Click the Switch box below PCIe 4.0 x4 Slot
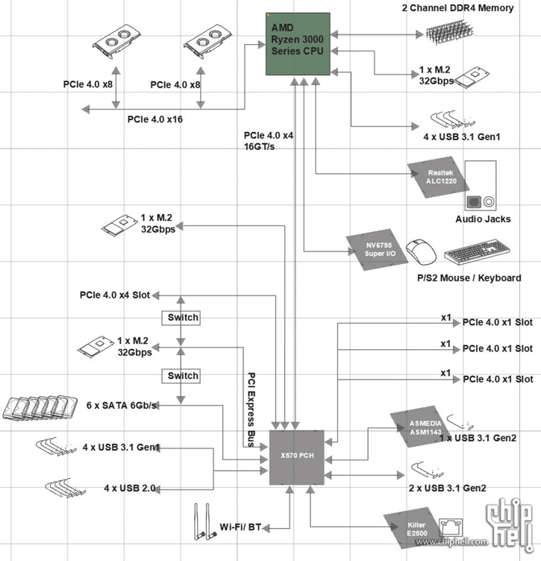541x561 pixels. click(183, 317)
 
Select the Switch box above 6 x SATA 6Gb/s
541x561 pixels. click(183, 376)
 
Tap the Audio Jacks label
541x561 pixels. click(483, 219)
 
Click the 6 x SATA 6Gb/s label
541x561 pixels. click(122, 404)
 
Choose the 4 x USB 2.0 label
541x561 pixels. click(129, 489)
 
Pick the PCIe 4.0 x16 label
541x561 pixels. click(154, 119)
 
